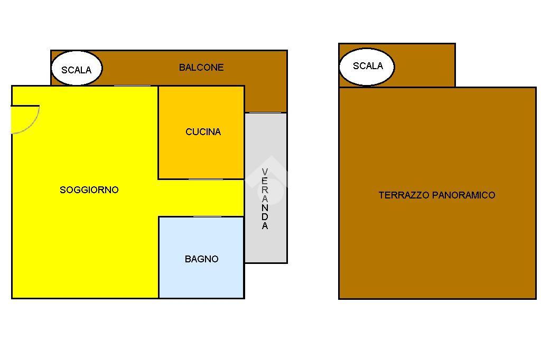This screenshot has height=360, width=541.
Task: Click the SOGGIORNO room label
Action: pos(89,190)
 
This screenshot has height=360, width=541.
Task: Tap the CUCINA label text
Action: pos(203,132)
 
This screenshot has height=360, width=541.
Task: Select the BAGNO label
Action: pos(201,259)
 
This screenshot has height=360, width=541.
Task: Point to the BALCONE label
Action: pos(201,68)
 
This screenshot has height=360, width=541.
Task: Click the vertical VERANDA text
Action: pos(265,198)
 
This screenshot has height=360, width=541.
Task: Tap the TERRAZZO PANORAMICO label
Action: pos(437,195)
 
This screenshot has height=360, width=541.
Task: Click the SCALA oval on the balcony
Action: pos(77,69)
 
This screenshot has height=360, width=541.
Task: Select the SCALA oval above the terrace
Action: pos(367,67)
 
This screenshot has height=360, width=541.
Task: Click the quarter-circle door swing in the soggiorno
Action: pos(24,118)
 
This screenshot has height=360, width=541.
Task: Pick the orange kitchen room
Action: pos(201,153)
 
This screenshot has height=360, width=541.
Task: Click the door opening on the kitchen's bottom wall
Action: pos(206,179)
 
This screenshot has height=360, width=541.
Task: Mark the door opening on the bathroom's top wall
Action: pos(207,216)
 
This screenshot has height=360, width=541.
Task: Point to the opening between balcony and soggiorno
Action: pos(132,86)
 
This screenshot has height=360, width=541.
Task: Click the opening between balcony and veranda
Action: pos(265,112)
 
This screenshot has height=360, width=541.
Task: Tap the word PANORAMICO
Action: pos(464,195)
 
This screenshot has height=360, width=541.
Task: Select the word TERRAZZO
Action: pos(404,195)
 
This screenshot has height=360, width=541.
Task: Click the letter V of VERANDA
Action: pos(265,172)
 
